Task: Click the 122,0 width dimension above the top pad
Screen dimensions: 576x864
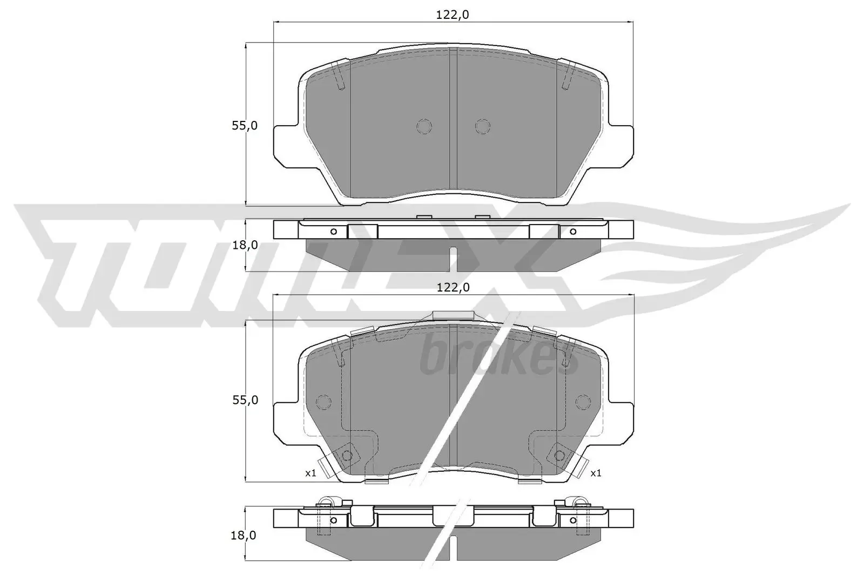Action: pos(452,15)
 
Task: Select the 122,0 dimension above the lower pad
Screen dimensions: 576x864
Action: pos(452,288)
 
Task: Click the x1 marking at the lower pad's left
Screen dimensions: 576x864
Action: pos(310,473)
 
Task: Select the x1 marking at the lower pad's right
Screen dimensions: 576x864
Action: pos(596,473)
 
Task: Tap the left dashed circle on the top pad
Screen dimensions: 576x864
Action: pos(424,126)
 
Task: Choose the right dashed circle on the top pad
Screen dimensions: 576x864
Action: pos(483,126)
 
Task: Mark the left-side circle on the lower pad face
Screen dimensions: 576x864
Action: pos(323,402)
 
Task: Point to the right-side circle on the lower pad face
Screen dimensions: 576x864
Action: pos(583,402)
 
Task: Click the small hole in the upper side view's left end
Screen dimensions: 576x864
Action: pos(333,232)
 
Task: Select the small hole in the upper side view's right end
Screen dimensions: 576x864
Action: pos(573,232)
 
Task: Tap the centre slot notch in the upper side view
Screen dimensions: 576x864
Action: pos(454,259)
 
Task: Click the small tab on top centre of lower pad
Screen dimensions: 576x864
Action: pos(454,316)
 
